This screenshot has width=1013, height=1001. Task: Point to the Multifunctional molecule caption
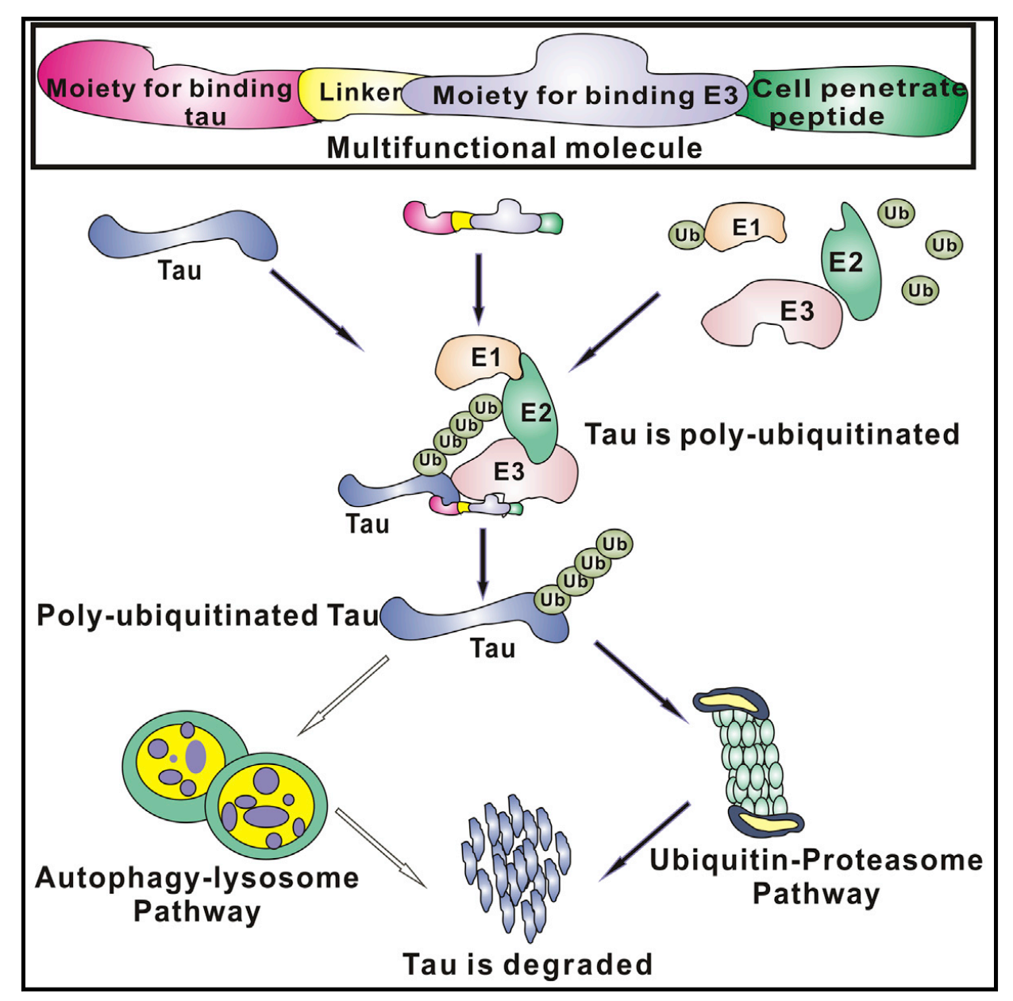pyautogui.click(x=514, y=149)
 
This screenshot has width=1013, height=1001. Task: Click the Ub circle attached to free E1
pyautogui.click(x=688, y=235)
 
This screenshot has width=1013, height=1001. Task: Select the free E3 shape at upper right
pyautogui.click(x=770, y=314)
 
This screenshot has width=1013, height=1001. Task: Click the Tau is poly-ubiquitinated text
pyautogui.click(x=772, y=435)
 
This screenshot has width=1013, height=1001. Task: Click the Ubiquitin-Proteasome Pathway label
pyautogui.click(x=816, y=876)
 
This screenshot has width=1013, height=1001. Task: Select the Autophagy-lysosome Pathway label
pyautogui.click(x=197, y=894)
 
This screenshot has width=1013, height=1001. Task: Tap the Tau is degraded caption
pyautogui.click(x=528, y=964)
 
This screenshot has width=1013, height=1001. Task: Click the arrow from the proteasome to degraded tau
pyautogui.click(x=645, y=841)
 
